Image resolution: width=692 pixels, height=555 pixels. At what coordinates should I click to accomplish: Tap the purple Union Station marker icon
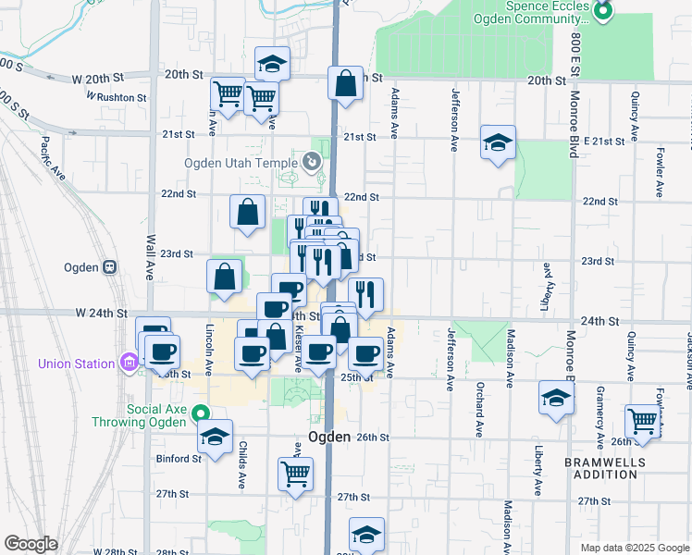[x=128, y=363]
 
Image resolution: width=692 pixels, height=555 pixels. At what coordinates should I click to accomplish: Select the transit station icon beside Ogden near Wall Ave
[x=109, y=267]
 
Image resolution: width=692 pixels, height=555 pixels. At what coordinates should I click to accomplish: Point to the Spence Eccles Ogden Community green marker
[x=603, y=12]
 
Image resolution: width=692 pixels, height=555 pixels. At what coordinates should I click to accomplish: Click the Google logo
[x=31, y=544]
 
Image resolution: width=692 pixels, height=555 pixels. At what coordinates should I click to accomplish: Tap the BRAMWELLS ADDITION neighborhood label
[x=601, y=466]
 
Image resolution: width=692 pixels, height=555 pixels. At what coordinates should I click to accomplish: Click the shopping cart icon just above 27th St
[x=295, y=473]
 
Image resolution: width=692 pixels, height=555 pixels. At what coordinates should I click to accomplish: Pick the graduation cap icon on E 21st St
[x=498, y=142]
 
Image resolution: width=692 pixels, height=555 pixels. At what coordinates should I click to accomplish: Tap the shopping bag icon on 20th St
[x=345, y=83]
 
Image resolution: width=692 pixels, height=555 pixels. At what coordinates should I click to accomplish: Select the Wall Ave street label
[x=150, y=256]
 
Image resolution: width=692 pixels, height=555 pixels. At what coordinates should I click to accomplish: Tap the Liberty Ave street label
[x=538, y=472]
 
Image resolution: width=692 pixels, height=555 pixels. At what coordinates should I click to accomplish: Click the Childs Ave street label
[x=242, y=466]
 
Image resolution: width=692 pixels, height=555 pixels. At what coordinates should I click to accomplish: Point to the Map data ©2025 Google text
[x=634, y=547]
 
